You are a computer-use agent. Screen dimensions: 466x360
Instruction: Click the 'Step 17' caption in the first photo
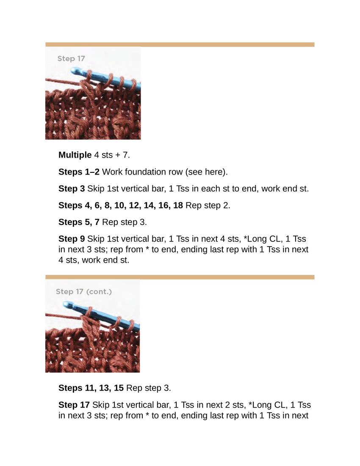tap(71, 58)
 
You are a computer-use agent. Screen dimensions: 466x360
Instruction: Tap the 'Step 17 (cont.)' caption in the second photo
tap(84, 291)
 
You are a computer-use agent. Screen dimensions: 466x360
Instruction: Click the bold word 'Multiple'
tap(75, 155)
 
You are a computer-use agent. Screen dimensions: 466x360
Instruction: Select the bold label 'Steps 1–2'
tap(79, 172)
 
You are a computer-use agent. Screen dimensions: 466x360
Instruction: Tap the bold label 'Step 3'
tap(72, 189)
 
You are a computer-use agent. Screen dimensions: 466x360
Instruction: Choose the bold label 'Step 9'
tap(72, 239)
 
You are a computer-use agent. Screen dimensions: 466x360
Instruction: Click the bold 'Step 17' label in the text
tap(74, 405)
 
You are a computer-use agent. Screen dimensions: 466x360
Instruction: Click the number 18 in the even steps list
tap(178, 205)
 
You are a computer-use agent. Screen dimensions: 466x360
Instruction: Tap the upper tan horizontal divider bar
tap(180, 44)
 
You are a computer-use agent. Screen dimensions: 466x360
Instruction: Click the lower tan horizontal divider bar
tap(180, 277)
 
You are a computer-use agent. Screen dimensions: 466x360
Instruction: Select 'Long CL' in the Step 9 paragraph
tap(259, 239)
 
